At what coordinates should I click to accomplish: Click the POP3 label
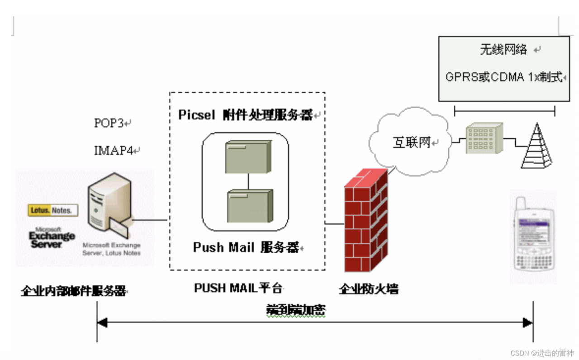109,123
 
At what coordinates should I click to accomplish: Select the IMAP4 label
114,150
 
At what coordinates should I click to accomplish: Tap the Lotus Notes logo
53,210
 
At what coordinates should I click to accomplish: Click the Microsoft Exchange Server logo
52,236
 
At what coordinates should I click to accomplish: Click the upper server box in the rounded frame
248,156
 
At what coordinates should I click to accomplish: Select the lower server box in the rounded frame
249,206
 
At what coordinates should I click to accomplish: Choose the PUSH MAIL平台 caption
238,288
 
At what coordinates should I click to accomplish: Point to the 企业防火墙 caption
369,289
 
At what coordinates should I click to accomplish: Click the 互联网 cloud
410,143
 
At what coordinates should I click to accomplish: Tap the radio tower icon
537,147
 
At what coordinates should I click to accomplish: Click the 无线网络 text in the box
503,50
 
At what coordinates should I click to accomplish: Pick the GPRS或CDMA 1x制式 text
504,77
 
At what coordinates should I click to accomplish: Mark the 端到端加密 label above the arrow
296,310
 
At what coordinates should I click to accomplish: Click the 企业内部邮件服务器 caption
73,291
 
